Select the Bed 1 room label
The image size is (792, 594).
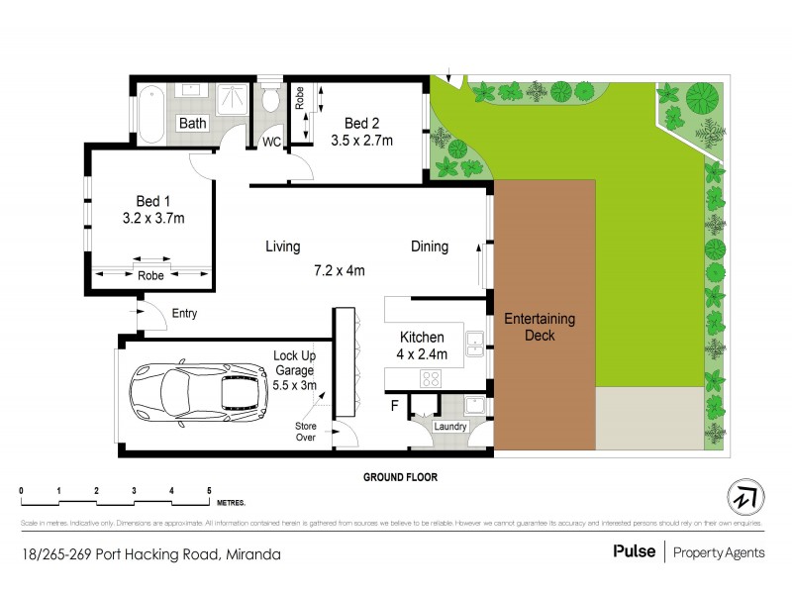pyautogui.click(x=147, y=198)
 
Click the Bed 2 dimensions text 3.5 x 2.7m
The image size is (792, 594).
pyautogui.click(x=361, y=141)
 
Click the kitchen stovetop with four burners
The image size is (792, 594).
pyautogui.click(x=431, y=376)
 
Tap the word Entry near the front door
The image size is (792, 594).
pyautogui.click(x=184, y=314)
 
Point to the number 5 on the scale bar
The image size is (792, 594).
pyautogui.click(x=209, y=491)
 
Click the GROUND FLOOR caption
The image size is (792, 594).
pyautogui.click(x=400, y=476)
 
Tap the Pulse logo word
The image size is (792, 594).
pyautogui.click(x=633, y=552)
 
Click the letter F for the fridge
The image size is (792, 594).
pyautogui.click(x=396, y=406)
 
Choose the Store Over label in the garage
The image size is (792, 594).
pyautogui.click(x=306, y=431)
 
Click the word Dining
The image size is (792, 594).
pyautogui.click(x=430, y=247)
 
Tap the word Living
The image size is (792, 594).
pyautogui.click(x=282, y=247)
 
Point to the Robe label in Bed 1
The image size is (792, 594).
pyautogui.click(x=151, y=276)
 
